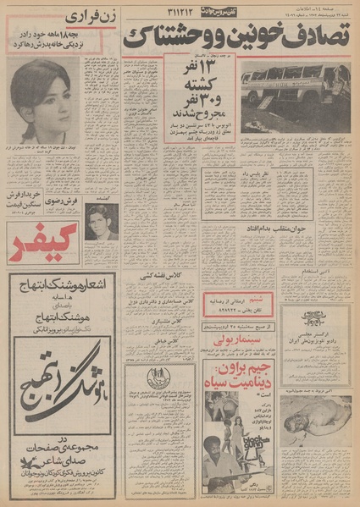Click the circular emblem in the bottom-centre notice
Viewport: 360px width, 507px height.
coord(160,379)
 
